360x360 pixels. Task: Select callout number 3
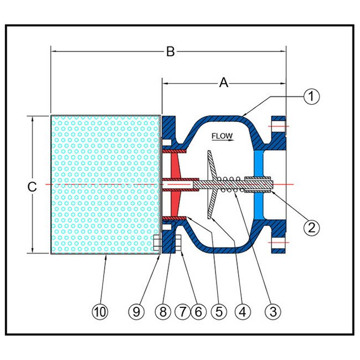click(271, 312)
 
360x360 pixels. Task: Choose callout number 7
click(182, 312)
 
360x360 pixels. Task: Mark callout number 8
click(163, 312)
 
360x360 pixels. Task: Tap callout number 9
click(138, 312)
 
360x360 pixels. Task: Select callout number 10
click(100, 312)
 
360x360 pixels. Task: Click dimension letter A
click(224, 83)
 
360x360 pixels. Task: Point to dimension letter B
click(171, 52)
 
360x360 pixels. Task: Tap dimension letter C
click(33, 187)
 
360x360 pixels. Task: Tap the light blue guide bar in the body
click(259, 166)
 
